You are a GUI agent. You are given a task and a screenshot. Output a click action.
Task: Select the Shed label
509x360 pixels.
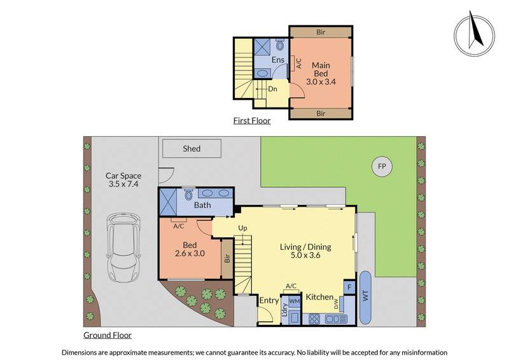pos(192,149)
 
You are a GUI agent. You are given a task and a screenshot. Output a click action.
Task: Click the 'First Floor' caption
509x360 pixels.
pos(251,120)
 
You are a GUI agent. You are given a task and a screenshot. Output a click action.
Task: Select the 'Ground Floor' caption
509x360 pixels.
pos(108,335)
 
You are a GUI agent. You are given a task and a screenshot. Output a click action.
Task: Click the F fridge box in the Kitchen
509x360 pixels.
pos(349,287)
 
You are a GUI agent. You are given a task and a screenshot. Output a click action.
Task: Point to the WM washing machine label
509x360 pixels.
pos(295,300)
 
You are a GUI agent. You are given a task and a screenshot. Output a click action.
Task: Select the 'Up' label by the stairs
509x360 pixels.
pos(242,228)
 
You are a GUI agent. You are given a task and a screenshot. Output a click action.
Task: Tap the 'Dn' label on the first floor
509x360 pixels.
pos(272,90)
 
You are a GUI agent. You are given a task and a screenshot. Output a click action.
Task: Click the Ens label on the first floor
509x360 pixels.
pos(277,60)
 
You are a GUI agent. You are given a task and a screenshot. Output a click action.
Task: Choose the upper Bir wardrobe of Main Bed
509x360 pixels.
pos(321,31)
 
